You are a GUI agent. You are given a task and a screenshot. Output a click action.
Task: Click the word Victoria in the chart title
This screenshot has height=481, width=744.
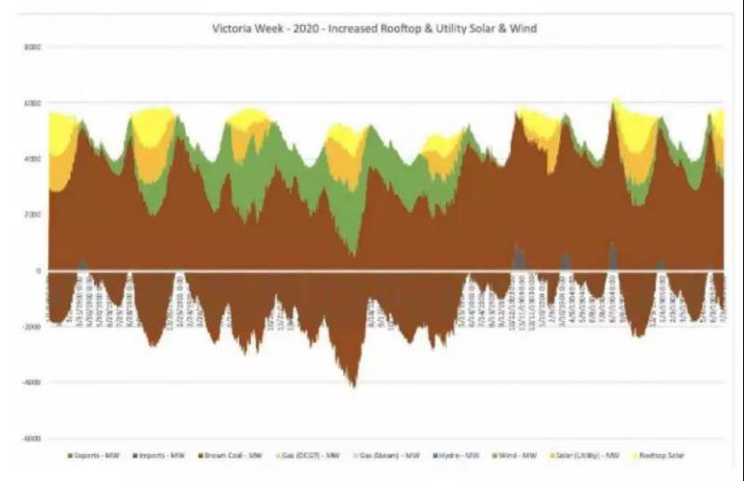click(232, 29)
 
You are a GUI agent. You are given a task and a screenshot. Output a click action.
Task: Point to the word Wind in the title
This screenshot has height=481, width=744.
click(525, 29)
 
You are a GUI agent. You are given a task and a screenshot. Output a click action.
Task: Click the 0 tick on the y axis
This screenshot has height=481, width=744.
click(37, 271)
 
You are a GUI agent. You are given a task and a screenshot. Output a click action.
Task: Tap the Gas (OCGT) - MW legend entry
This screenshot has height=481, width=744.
click(317, 456)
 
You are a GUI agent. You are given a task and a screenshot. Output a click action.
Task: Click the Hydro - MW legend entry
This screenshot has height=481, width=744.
click(471, 456)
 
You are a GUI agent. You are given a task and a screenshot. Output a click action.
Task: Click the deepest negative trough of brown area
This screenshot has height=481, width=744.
click(352, 384)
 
